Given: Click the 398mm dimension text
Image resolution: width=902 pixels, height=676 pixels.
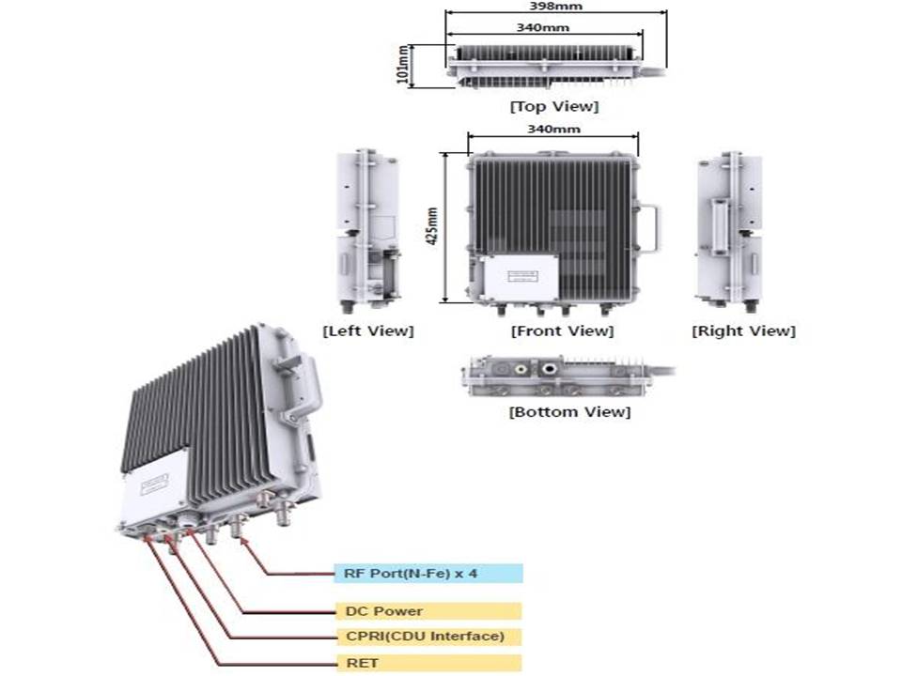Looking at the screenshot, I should tap(555, 7).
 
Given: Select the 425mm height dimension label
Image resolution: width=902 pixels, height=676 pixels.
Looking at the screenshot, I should tap(433, 226).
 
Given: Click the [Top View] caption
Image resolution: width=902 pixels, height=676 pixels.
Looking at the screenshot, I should tap(553, 106).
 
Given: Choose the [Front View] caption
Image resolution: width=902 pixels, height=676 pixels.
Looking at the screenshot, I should tap(562, 330).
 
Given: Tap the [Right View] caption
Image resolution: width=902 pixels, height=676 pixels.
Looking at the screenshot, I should tap(743, 330).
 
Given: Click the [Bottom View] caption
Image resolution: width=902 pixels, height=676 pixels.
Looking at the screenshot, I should tap(569, 411).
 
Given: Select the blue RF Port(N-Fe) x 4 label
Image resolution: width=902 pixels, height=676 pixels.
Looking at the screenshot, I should tap(428, 574).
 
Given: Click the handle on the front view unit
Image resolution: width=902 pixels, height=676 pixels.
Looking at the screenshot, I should tap(651, 228).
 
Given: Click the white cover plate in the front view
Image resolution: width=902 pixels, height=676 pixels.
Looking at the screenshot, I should tap(518, 276).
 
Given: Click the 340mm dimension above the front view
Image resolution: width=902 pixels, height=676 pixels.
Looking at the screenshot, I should tap(553, 129).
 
